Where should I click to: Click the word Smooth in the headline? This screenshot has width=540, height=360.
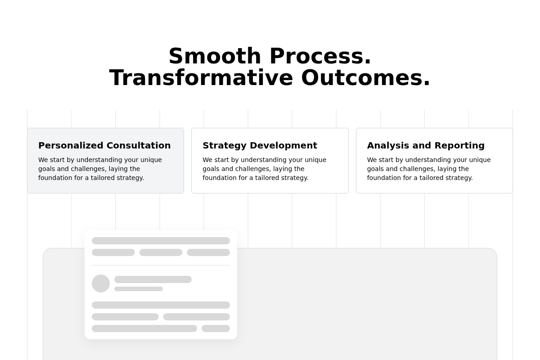[215, 56]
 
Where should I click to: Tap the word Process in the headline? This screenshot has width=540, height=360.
[320, 56]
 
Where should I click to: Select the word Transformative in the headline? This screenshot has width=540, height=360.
[201, 78]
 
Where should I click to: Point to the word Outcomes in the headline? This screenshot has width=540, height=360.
[366, 78]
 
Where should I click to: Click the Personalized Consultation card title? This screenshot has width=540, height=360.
[104, 145]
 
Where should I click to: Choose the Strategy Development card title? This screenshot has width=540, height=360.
[260, 145]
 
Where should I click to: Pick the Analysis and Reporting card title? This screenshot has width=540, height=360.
[426, 145]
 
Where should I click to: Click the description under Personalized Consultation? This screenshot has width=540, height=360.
[100, 169]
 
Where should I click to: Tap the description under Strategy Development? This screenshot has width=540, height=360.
[265, 169]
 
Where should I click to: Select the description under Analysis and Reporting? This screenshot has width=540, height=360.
[429, 169]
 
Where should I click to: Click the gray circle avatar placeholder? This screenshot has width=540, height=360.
[101, 283]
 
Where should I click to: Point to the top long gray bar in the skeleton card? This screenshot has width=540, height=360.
[161, 241]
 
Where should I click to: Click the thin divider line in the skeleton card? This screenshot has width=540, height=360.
[161, 265]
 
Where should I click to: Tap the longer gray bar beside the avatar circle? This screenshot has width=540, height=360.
[153, 279]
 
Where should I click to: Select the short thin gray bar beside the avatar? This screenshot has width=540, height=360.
[139, 289]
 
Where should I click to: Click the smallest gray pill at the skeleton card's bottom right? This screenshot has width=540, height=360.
[216, 328]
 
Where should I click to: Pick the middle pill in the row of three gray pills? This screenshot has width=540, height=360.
[161, 252]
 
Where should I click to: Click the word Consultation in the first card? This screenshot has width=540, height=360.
[139, 145]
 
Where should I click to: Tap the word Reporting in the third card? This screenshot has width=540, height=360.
[459, 146]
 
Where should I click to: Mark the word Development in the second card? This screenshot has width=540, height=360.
[283, 146]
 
